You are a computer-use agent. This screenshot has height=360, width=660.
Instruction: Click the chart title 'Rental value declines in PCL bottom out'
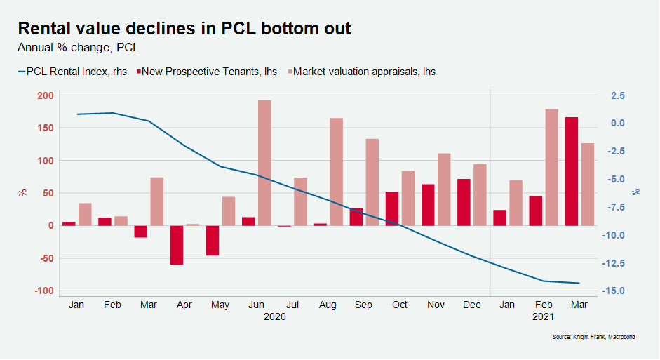(184, 29)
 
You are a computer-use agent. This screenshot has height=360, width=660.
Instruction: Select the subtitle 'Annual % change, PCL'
(78, 48)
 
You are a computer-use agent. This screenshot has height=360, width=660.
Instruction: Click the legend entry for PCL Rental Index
(72, 72)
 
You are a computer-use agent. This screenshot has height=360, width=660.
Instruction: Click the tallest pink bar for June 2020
(264, 163)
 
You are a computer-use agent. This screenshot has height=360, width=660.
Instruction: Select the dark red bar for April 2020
(176, 245)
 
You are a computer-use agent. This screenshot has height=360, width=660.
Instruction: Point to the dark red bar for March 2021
(572, 171)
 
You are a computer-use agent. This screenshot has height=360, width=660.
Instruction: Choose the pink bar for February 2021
(552, 167)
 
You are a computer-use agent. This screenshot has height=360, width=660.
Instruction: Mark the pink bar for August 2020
(337, 171)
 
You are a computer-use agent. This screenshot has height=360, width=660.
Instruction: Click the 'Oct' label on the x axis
(400, 305)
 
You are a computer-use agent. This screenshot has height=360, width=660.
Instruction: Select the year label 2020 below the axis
(274, 316)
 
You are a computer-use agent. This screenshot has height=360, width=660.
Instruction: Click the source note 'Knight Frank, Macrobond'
(593, 338)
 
